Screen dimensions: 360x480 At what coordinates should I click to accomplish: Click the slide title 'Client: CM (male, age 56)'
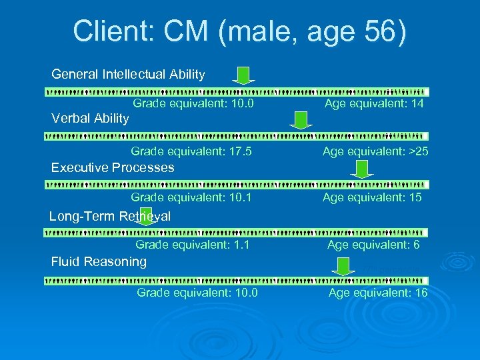tap(239, 31)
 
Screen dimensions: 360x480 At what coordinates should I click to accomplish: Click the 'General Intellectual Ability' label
tap(128, 74)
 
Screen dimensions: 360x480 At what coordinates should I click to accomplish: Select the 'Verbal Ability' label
tap(90, 119)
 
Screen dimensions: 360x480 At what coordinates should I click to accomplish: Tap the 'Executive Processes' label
tap(113, 167)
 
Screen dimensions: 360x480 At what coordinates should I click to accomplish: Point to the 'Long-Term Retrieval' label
tap(110, 216)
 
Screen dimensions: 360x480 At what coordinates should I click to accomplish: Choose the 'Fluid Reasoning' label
tap(99, 261)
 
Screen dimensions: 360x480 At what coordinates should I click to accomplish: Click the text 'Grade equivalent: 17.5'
tap(191, 152)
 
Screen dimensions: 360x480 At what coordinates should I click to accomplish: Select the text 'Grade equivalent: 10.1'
tap(191, 197)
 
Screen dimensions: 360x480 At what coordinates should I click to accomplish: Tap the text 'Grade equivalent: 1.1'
tap(193, 245)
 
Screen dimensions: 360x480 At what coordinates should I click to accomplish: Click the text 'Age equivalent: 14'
tap(373, 104)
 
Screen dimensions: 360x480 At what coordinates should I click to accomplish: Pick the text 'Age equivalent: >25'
tap(375, 152)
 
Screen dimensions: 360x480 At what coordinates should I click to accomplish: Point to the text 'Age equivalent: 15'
tap(372, 197)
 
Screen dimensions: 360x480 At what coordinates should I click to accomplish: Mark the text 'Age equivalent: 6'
tap(373, 245)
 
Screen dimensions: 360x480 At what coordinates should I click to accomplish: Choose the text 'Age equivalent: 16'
tap(378, 293)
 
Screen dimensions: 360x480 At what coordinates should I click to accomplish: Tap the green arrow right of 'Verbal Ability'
tap(301, 120)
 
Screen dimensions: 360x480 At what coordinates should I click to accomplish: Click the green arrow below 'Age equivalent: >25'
tap(363, 171)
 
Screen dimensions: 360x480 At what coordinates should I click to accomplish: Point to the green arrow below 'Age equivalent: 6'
tap(343, 267)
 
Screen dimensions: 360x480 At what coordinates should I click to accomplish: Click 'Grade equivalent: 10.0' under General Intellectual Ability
tap(193, 104)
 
